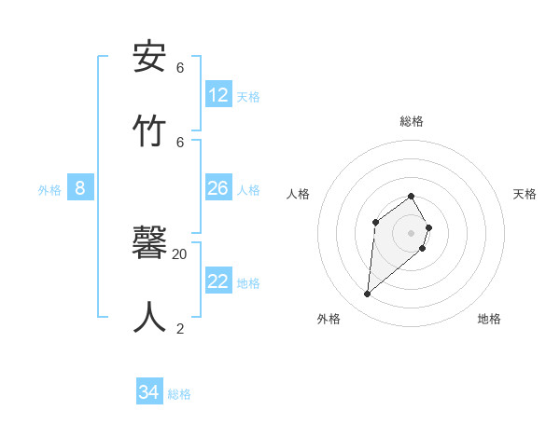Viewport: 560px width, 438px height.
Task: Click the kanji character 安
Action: click(150, 58)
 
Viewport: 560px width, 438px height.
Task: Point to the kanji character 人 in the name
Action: click(150, 318)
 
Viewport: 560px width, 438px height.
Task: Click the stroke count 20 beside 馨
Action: click(180, 253)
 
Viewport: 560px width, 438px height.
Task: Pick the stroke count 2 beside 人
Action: click(180, 328)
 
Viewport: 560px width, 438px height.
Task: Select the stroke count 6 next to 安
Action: click(180, 68)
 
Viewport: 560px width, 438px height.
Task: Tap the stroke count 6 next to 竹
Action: click(180, 142)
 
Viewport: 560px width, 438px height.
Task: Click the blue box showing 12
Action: click(218, 94)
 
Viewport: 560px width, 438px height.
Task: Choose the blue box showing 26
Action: click(218, 188)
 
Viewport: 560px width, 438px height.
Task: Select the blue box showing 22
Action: click(218, 281)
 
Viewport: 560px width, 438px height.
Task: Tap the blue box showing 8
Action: click(80, 188)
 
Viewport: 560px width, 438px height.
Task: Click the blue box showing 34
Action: click(148, 392)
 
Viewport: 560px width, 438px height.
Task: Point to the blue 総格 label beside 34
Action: click(179, 394)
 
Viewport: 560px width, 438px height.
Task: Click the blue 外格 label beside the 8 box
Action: click(49, 190)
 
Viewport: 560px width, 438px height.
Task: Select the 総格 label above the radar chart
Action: click(412, 121)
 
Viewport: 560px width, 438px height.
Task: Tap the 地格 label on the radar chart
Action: click(489, 319)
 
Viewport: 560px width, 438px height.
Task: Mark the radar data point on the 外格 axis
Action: click(368, 294)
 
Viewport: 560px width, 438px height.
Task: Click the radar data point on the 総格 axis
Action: click(412, 196)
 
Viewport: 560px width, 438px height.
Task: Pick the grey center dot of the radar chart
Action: click(412, 232)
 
